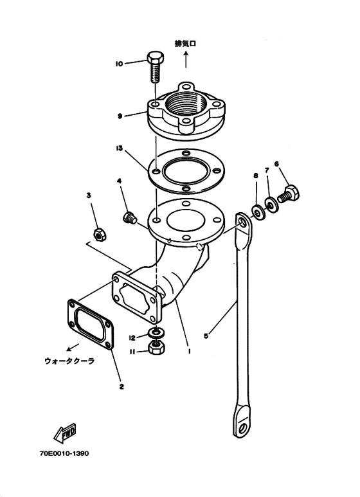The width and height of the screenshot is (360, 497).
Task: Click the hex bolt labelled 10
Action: (156, 67)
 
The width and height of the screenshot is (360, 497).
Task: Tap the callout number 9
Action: (120, 116)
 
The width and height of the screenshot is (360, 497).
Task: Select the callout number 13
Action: (119, 149)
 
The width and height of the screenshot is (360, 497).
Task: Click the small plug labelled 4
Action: (129, 217)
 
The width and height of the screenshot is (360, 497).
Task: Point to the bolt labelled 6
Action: (289, 195)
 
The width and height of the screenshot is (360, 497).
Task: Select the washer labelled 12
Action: (156, 332)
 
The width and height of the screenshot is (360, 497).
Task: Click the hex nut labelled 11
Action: (156, 348)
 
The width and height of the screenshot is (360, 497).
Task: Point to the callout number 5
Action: (206, 336)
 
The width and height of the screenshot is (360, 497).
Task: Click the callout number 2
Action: (122, 386)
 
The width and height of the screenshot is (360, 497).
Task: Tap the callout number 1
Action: (189, 351)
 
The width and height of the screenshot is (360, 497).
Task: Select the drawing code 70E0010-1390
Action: (64, 453)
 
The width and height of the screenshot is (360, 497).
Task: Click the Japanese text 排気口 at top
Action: (185, 44)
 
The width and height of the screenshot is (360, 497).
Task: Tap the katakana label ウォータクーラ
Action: (69, 361)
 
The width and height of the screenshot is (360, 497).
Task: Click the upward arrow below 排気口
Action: (186, 60)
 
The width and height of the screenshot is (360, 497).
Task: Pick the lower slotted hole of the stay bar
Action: (244, 428)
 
